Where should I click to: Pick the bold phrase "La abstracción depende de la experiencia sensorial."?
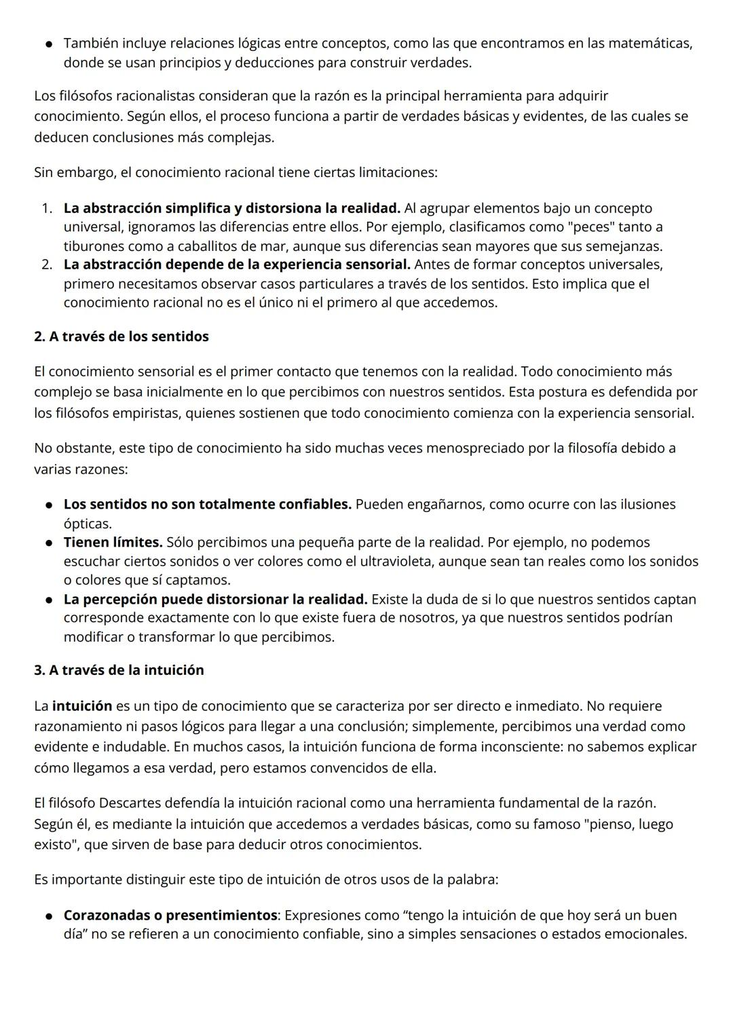click(237, 264)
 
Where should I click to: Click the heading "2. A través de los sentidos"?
click(121, 336)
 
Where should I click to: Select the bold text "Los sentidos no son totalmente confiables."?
click(207, 504)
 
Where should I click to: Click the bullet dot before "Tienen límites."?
click(50, 543)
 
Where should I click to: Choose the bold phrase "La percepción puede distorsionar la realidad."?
click(215, 600)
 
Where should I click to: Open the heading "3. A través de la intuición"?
click(119, 670)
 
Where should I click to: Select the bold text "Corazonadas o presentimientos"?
click(170, 915)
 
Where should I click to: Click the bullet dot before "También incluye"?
click(50, 44)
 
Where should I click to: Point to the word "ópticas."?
click(88, 524)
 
